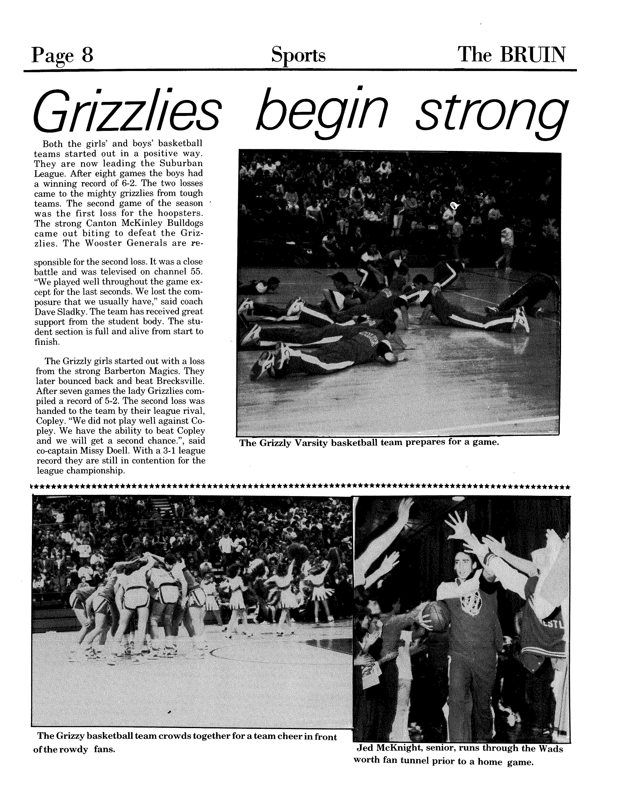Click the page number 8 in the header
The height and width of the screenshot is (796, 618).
[87, 55]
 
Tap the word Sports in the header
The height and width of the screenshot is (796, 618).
[298, 55]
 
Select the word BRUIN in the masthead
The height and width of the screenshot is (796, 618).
[533, 55]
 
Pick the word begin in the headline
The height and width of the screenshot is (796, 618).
[321, 112]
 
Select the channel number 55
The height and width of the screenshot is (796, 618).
[196, 272]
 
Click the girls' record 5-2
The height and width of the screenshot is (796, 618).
[108, 401]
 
